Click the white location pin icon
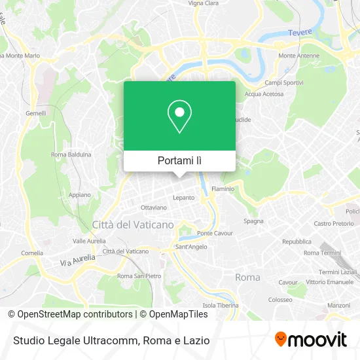(179, 117)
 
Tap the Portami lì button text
(179, 160)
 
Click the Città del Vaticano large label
(133, 225)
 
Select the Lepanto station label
(183, 197)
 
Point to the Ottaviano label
(154, 207)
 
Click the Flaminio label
(223, 189)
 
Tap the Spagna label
(253, 221)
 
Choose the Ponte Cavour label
(215, 233)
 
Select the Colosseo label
(279, 300)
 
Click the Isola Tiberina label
(219, 306)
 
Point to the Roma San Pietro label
(139, 276)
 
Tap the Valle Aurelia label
(89, 241)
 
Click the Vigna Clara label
(204, 3)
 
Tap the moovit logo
(310, 340)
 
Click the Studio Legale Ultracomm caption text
(109, 340)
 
